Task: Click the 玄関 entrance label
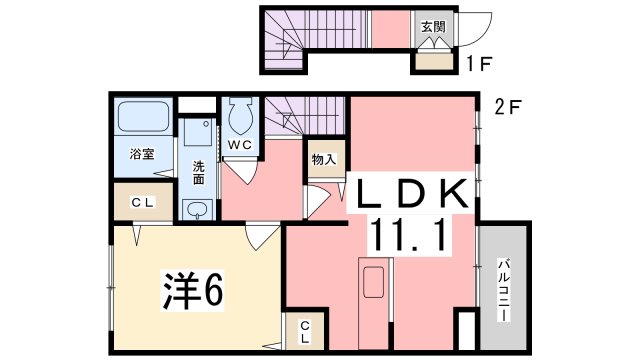click(432, 27)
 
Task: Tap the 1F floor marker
click(477, 68)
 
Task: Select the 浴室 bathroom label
click(142, 154)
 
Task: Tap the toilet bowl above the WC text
click(240, 119)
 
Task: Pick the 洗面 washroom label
click(198, 173)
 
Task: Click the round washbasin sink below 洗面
click(198, 210)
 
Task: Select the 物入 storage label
click(322, 159)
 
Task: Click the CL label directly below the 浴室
click(144, 202)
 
